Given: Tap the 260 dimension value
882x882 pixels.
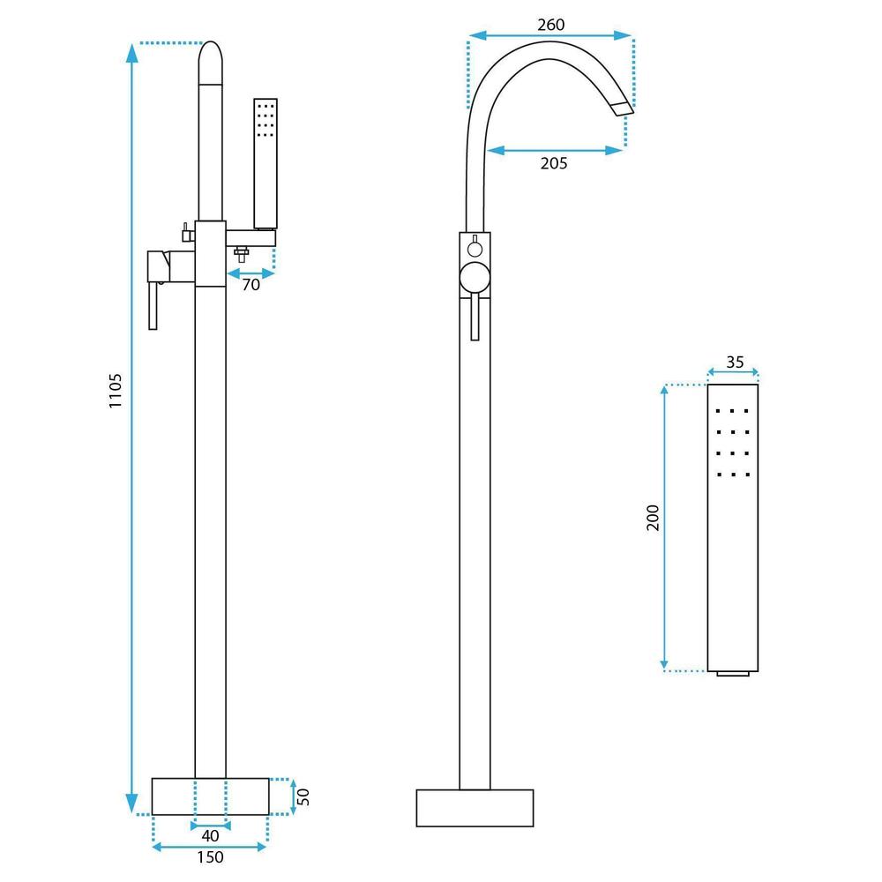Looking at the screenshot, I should (x=550, y=24).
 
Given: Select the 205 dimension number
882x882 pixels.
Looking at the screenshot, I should (x=553, y=163).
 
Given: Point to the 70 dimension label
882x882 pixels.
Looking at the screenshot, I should (x=251, y=286).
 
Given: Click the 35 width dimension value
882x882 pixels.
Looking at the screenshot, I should (x=734, y=362).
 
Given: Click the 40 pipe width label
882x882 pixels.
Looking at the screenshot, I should (x=211, y=834).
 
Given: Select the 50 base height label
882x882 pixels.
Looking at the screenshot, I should (x=304, y=797).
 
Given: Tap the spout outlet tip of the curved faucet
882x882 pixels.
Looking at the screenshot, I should (x=623, y=108).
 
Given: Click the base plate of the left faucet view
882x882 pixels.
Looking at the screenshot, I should (x=210, y=796).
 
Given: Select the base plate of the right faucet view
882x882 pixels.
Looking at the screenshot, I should (x=475, y=807).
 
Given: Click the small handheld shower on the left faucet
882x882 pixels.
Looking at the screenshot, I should (x=265, y=163).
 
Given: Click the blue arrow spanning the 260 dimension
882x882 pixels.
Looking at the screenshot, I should (x=550, y=36).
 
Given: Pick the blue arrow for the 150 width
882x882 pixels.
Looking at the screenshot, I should (x=209, y=847).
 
